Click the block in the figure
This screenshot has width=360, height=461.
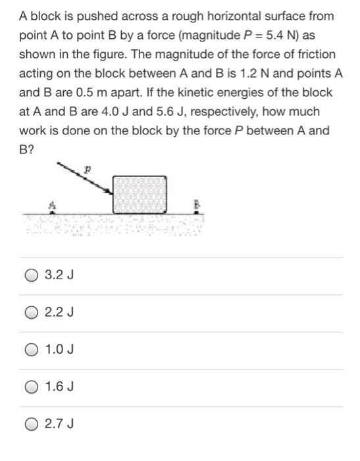tap(139, 194)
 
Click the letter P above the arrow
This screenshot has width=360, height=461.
tap(103, 169)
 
